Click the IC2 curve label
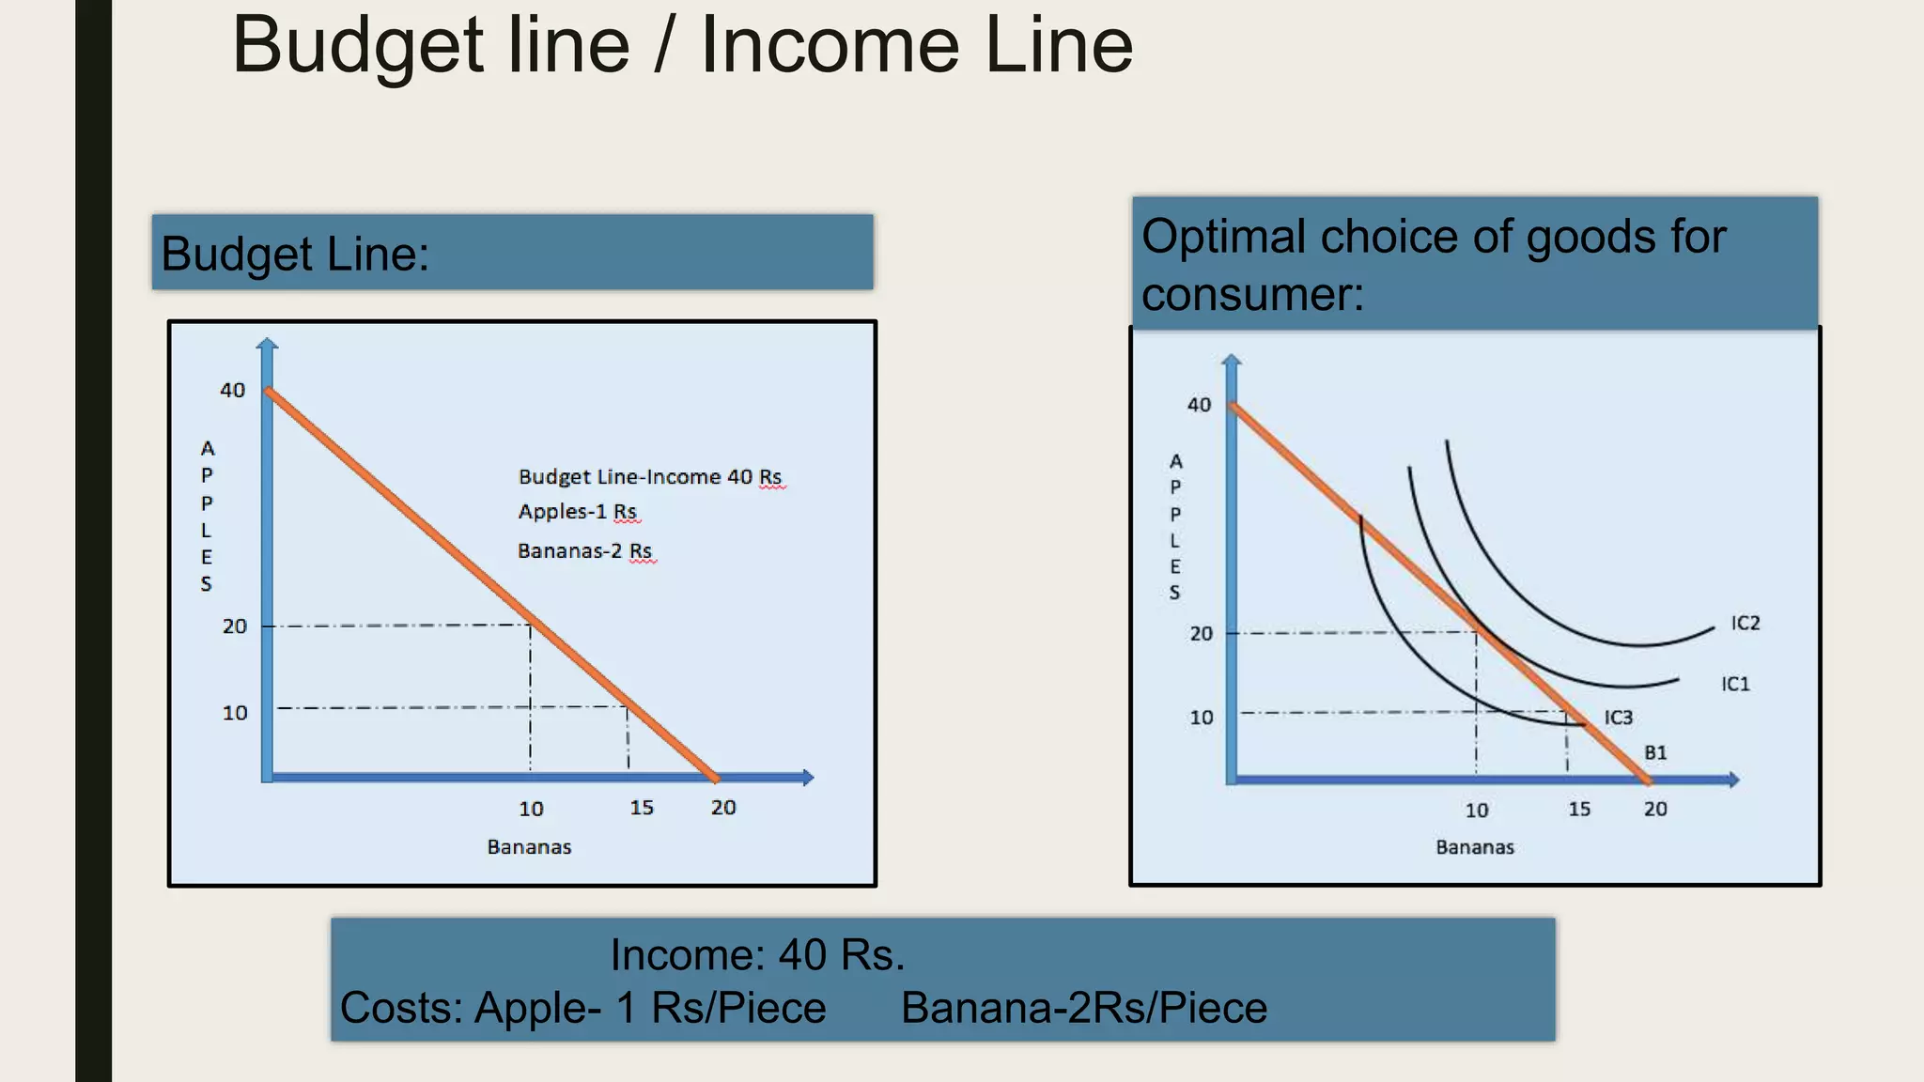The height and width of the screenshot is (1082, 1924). pos(1745,624)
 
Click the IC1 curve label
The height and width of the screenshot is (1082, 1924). pos(1735,684)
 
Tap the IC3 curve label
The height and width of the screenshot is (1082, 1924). pos(1618,718)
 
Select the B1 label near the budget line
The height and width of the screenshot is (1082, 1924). pos(1655,753)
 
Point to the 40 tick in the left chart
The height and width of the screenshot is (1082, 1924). pos(232,390)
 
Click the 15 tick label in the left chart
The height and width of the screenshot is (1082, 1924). pos(642,808)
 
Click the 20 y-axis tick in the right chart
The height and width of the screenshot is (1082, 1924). pos(1201,634)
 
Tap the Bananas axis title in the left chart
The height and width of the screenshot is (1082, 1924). pos(529,847)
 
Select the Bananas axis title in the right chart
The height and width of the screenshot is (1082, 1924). pos(1475,847)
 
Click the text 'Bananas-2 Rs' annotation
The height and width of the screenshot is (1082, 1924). pos(584,550)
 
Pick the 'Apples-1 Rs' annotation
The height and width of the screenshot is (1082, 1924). pos(578,512)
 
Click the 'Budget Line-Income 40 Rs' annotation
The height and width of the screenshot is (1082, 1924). pos(650,477)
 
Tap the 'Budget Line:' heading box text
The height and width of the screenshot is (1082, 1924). pos(295,254)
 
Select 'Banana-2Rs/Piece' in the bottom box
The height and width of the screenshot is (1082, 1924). pos(1084,1008)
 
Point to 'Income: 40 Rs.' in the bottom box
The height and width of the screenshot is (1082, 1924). pos(757,955)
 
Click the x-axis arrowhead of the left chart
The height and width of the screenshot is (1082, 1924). pos(808,777)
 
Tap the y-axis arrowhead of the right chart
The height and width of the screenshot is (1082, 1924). pos(1232,360)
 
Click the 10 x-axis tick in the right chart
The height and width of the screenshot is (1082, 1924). pos(1476,810)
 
